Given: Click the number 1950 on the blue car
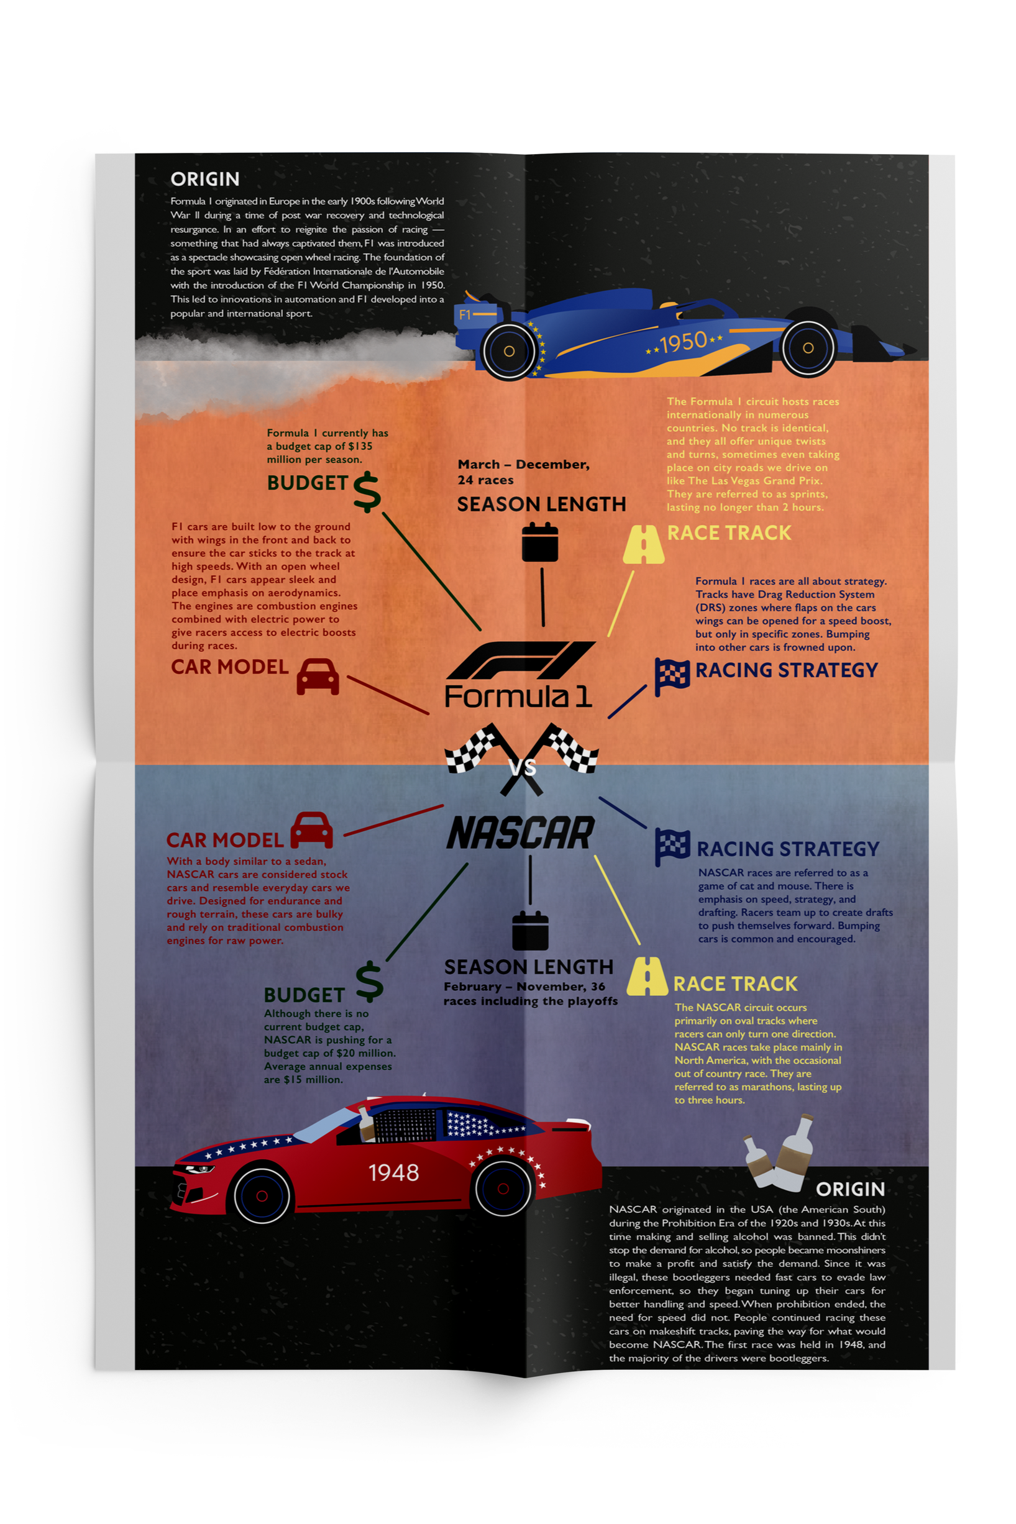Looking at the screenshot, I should [683, 342].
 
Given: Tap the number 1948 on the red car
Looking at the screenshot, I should [393, 1172].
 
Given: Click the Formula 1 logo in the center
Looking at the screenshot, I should [519, 674].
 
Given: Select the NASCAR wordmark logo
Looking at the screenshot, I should [520, 833].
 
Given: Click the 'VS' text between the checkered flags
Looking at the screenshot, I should [522, 768].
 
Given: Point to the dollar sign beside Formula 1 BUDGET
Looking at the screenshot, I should [367, 492].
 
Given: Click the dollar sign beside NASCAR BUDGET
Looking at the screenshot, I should [369, 980].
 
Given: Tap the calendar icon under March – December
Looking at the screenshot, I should [540, 543].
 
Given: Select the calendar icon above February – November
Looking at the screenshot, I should [530, 930].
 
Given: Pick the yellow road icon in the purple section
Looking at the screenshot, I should [647, 976].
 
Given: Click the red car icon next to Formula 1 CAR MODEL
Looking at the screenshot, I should [318, 677].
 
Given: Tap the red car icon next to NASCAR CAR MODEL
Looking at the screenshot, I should [312, 830].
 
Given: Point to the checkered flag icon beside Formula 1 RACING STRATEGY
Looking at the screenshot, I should [671, 676].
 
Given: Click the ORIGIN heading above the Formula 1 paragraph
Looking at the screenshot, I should [205, 180].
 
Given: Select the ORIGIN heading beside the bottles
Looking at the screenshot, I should [850, 1189].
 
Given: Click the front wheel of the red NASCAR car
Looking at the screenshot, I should [261, 1195].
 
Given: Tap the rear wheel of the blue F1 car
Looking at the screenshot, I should [510, 351].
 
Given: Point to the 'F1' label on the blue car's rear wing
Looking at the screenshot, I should [465, 315].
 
